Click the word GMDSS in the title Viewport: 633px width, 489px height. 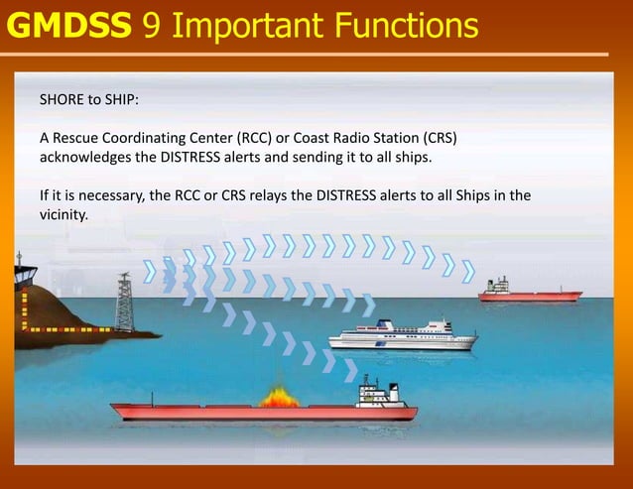click(x=68, y=25)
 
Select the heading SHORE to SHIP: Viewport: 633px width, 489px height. click(x=90, y=100)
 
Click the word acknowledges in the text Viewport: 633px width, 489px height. click(x=85, y=157)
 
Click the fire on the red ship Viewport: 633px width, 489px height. click(x=279, y=397)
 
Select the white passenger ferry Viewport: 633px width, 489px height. click(x=402, y=335)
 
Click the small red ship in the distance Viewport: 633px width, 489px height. click(x=529, y=292)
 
